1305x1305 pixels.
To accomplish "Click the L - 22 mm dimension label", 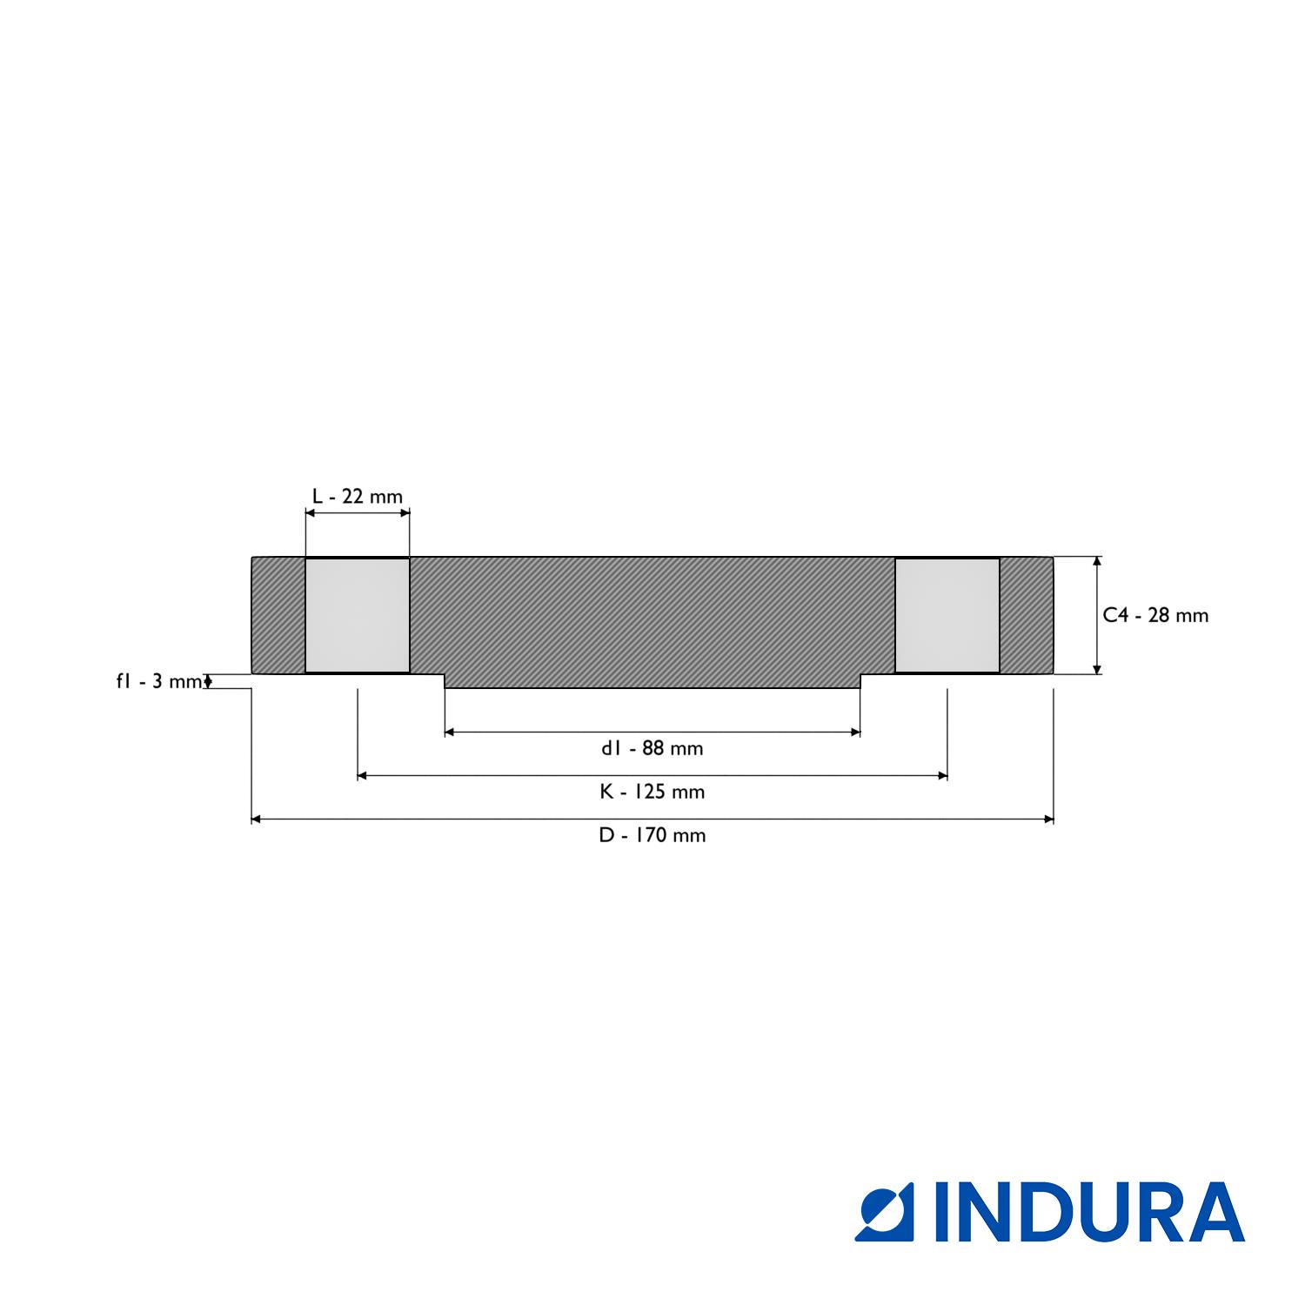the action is [x=358, y=497].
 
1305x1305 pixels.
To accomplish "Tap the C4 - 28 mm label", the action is [x=1155, y=615].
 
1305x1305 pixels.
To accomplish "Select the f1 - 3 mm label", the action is [x=159, y=681].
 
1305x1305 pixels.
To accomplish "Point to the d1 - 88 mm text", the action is [x=652, y=748].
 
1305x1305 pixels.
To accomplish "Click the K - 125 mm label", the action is [x=652, y=792].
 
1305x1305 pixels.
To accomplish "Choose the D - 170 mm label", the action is [x=652, y=835].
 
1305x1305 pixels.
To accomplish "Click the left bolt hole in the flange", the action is [x=358, y=615].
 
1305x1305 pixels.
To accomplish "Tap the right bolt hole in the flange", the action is [x=947, y=615].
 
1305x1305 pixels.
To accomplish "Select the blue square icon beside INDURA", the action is [x=884, y=1212].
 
